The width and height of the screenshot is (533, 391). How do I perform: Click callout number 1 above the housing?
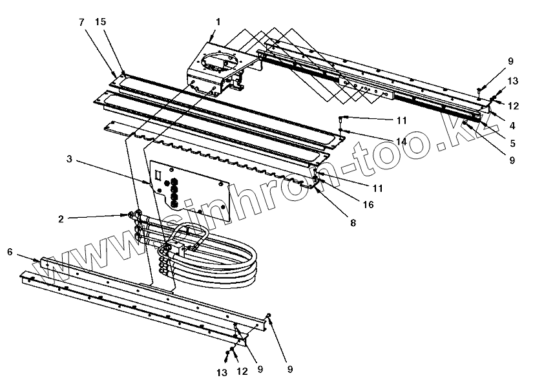[218, 21]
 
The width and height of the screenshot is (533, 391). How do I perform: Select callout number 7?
[81, 21]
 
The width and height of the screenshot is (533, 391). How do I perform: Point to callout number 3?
[69, 158]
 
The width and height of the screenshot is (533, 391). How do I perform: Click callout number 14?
[402, 141]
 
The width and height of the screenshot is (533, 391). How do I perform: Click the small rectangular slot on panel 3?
[158, 174]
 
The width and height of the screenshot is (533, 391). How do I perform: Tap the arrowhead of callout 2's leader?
[127, 216]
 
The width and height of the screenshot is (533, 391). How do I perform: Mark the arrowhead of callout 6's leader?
[40, 260]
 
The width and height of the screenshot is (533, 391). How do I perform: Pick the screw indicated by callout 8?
[318, 191]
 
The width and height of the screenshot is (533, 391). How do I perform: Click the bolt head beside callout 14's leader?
[342, 118]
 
